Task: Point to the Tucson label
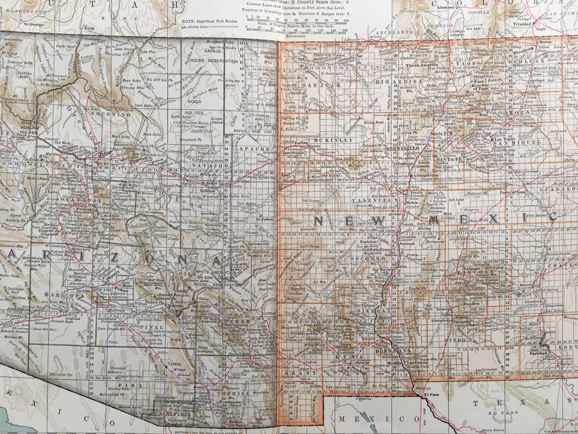[174, 364]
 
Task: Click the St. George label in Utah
[33, 24]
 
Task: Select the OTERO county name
[459, 340]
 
